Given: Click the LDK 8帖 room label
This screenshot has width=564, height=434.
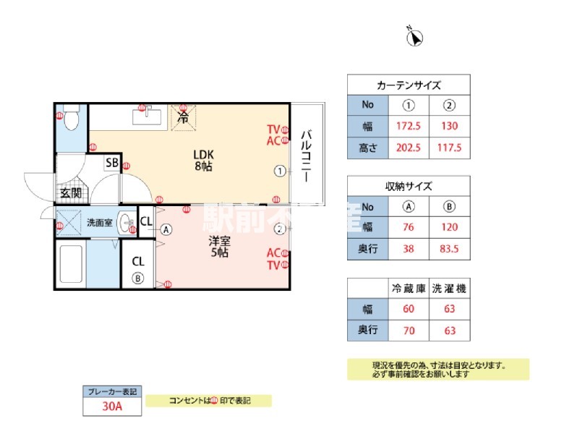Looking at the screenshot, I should (203, 160).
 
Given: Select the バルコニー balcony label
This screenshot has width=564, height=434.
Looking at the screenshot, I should (307, 156).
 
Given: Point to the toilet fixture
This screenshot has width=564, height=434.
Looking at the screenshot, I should (71, 119).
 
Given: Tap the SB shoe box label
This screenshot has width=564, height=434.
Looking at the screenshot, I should (112, 163).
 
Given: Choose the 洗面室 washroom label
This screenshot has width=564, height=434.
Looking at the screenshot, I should (99, 222).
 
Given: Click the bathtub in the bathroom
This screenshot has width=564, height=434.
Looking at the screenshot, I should (71, 265).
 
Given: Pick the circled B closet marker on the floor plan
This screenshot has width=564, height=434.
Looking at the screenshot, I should (137, 277).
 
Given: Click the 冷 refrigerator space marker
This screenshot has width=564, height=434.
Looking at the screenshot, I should (184, 116).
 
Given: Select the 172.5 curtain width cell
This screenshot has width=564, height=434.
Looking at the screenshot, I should (409, 127).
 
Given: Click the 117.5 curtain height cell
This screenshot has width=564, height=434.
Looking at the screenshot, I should (450, 148).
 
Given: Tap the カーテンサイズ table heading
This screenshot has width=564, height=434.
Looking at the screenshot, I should (409, 85).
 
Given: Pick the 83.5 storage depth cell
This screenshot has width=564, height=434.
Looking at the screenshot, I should (449, 249).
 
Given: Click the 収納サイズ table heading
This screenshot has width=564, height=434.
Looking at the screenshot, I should (409, 186).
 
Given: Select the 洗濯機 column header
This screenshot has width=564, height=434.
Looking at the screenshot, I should (449, 288).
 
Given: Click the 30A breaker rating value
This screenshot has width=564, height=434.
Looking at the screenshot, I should (111, 407).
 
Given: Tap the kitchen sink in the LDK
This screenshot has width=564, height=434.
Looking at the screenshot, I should (149, 116).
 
